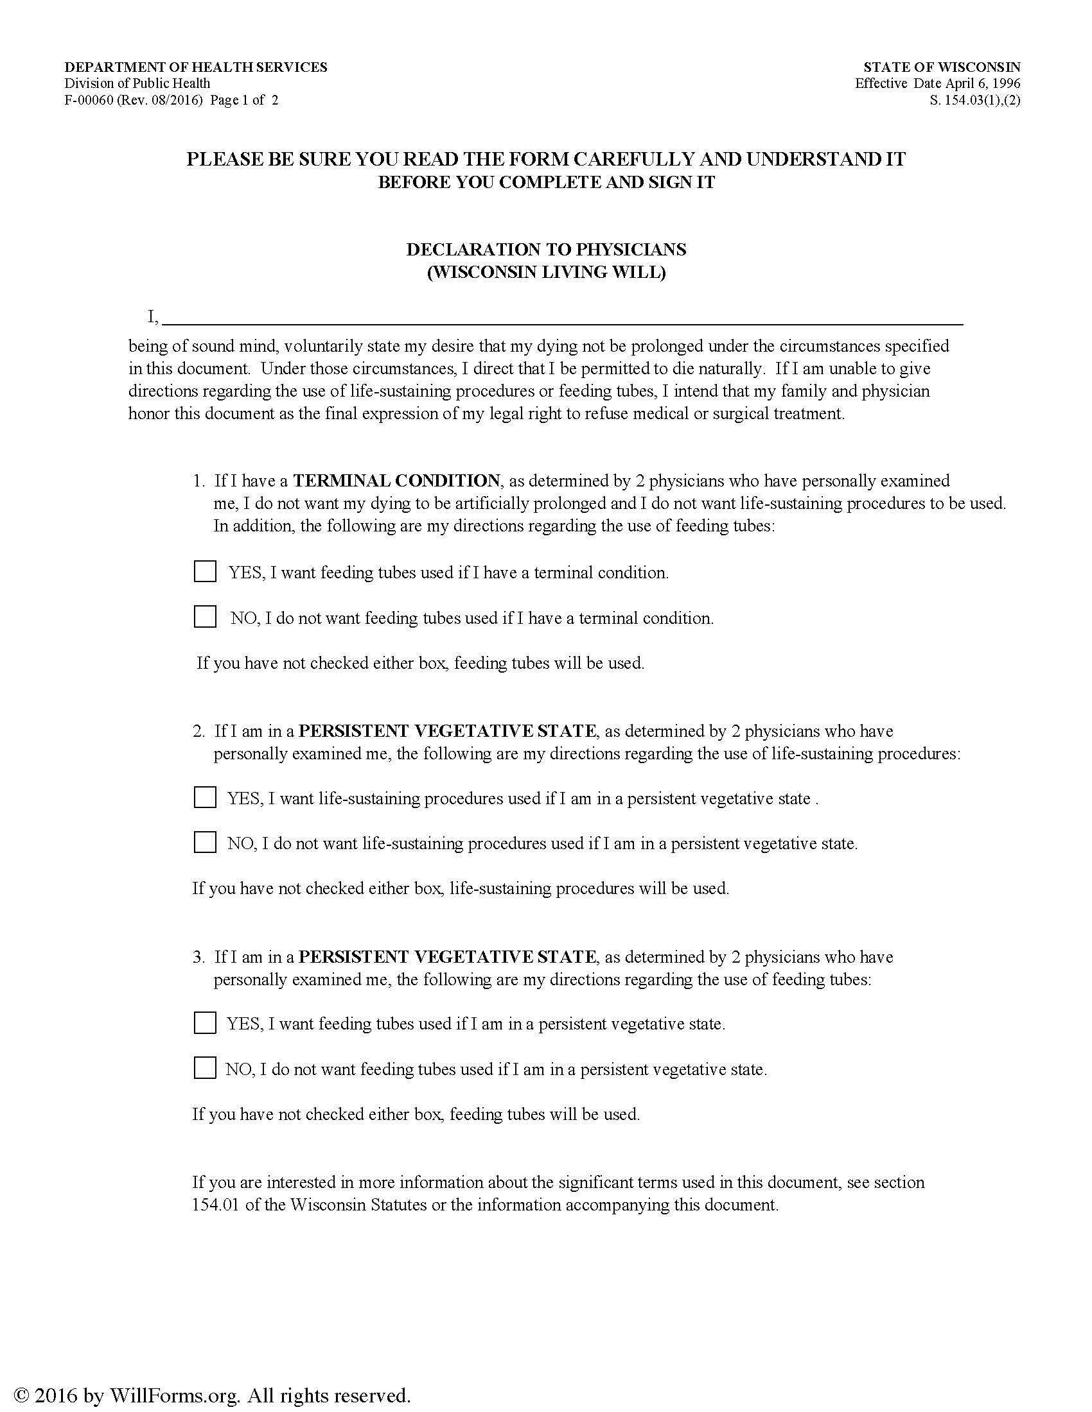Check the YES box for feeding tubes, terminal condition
(x=205, y=571)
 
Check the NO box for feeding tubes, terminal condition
(x=205, y=617)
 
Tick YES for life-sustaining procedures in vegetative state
(x=205, y=797)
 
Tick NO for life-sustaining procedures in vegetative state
(x=205, y=843)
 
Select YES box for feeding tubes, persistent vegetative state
(x=205, y=1023)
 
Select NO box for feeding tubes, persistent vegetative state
(x=205, y=1068)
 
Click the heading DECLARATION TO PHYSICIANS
(x=546, y=249)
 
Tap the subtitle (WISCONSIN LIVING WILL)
(x=546, y=272)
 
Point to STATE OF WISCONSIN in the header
(x=942, y=67)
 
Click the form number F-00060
(x=90, y=100)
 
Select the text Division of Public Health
(x=137, y=83)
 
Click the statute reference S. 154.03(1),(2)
(x=975, y=100)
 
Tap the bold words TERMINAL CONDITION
(x=396, y=480)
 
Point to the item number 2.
(x=198, y=731)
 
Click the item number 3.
(x=198, y=957)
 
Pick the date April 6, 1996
(x=983, y=83)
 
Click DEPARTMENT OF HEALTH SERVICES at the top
(x=196, y=67)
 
